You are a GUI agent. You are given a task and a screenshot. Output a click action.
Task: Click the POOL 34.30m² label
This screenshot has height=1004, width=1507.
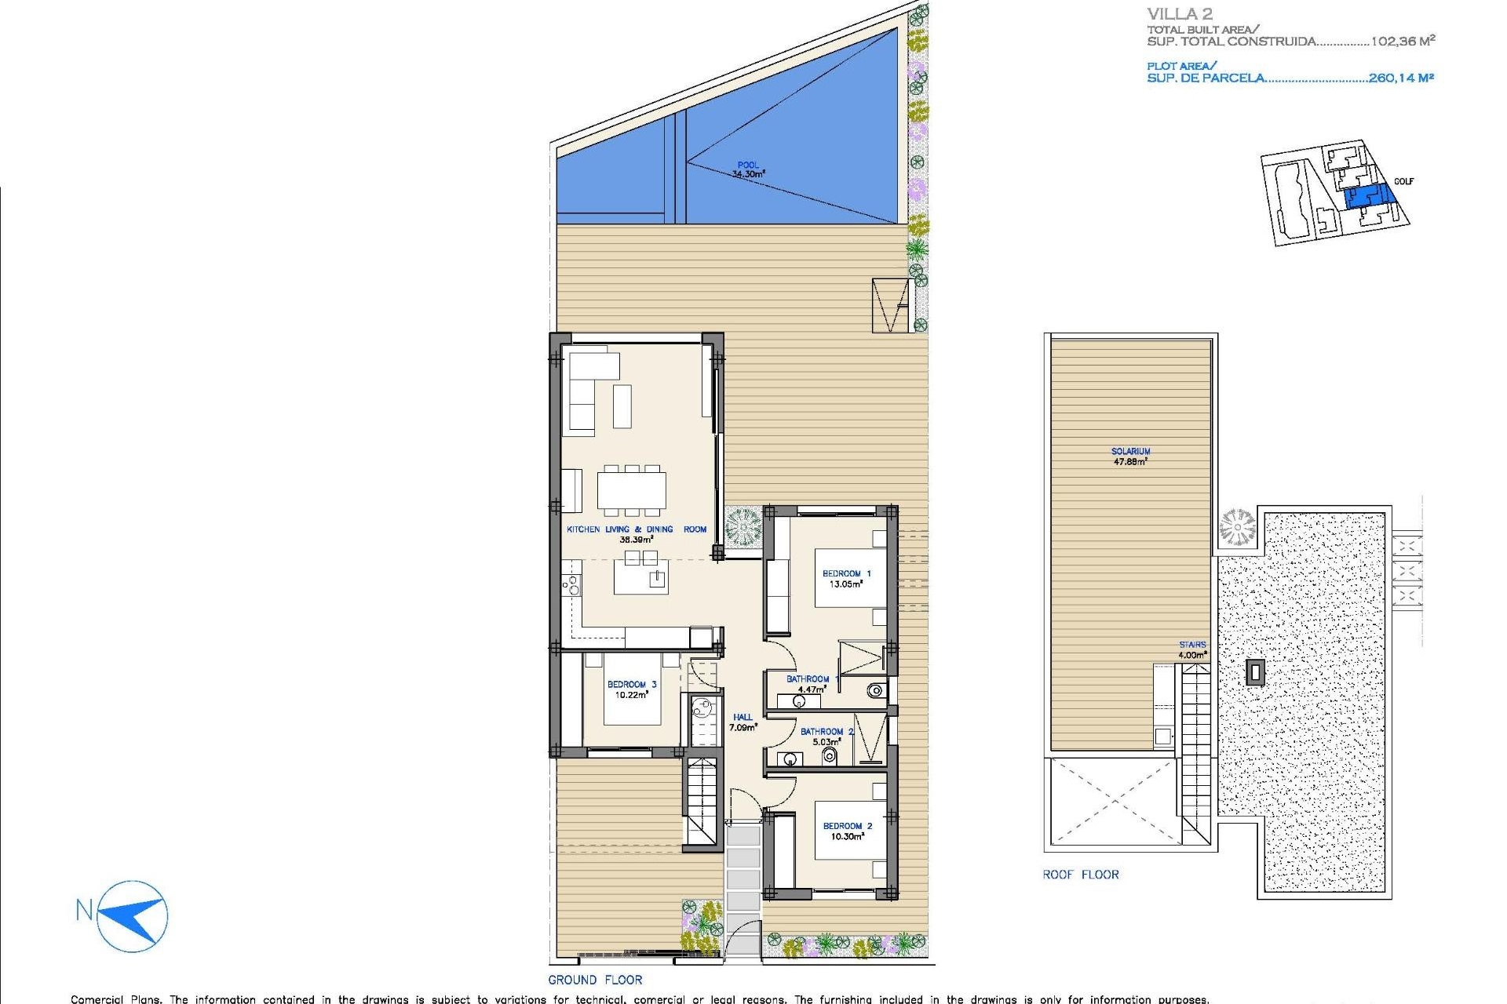(748, 170)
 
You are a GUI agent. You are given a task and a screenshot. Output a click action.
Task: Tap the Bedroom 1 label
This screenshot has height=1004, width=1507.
(846, 579)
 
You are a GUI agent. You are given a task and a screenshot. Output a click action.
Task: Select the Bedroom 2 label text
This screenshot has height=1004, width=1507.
(847, 831)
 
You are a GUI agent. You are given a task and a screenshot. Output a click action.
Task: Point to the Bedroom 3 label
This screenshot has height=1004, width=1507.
(631, 689)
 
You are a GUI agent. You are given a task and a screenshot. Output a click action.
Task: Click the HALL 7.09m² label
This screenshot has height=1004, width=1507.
(743, 722)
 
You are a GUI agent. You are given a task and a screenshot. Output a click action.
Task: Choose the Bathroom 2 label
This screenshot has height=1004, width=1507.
(826, 737)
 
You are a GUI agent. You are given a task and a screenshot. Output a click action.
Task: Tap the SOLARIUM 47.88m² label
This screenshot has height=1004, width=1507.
(1130, 457)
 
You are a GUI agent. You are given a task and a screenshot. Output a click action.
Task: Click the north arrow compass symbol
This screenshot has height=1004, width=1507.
(133, 915)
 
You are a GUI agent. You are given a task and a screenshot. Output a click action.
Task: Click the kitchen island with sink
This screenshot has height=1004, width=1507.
(640, 579)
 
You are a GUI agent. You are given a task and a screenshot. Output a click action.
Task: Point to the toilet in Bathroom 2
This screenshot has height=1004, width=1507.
(829, 756)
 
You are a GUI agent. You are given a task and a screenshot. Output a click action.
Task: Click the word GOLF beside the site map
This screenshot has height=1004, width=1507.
(1403, 181)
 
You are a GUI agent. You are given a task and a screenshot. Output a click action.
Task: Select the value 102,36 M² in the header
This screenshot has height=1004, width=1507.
(1403, 42)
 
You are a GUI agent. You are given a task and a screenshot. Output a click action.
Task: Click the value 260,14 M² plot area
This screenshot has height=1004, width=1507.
(1401, 78)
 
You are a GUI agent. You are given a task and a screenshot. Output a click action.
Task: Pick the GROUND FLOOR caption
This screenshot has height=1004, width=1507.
(595, 980)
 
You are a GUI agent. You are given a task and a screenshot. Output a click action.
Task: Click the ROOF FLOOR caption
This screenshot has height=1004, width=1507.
(1080, 875)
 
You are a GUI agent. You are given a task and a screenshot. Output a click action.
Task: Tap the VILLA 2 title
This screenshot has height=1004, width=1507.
(1179, 14)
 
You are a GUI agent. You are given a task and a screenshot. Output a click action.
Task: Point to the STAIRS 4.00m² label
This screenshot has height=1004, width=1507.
(1191, 649)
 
